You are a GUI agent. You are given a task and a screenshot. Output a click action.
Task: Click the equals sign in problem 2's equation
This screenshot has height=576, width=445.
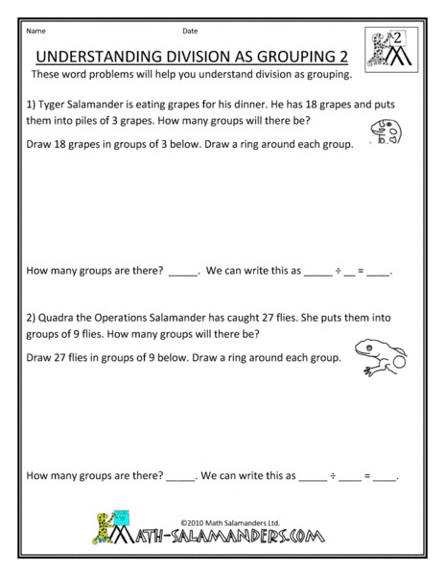(x=361, y=475)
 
